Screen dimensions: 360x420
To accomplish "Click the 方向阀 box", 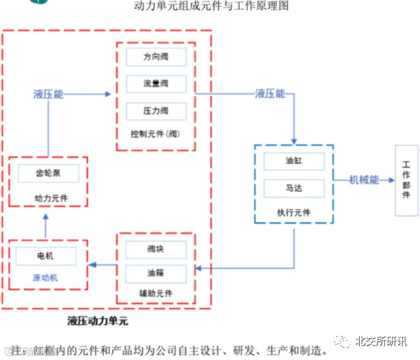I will [156, 58].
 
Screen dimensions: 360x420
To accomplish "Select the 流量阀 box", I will [156, 84].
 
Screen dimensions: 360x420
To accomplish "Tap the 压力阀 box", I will [156, 110].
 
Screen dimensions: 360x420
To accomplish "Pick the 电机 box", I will [46, 256].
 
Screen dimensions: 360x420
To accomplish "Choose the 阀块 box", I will [156, 249].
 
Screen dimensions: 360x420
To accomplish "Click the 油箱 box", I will [156, 272].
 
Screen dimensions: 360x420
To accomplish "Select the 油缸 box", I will [294, 163].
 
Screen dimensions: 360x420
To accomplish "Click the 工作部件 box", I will [406, 180].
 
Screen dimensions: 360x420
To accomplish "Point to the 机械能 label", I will [364, 180].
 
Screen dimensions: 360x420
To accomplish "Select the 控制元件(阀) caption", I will [156, 133].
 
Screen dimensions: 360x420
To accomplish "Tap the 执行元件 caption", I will [294, 212].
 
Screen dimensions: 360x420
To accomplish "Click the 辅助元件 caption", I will [156, 293].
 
